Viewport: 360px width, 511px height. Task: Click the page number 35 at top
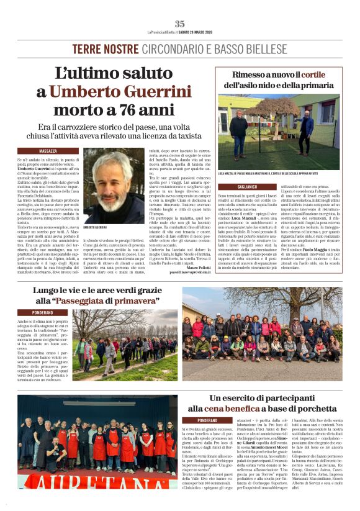[179, 24]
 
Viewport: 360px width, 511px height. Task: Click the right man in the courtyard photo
[305, 130]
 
